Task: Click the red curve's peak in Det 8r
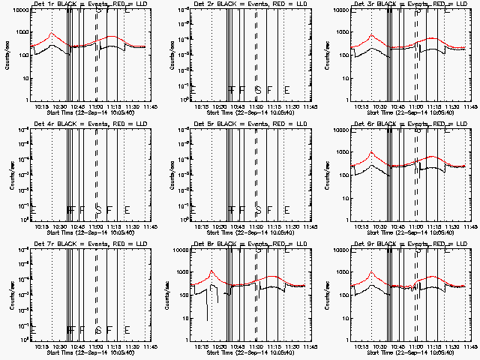point(212,271)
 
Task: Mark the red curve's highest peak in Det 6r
point(371,152)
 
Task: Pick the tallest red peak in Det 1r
point(51,34)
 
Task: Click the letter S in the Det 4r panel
point(98,209)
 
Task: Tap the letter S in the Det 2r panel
point(258,89)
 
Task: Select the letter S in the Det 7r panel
point(98,329)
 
